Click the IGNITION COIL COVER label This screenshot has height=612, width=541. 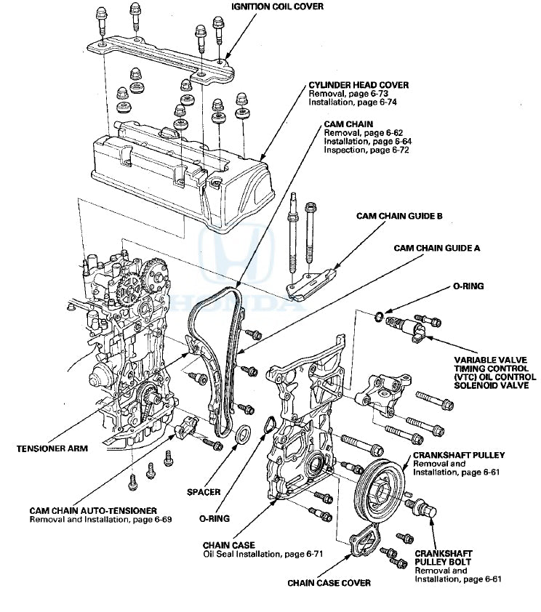278,7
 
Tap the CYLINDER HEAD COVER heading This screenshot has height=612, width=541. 358,85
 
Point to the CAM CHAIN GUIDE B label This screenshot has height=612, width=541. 399,216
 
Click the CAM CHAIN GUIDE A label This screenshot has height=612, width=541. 437,248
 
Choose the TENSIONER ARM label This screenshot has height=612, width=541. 52,448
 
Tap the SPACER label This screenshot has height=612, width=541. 203,492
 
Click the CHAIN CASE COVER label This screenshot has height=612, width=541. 329,582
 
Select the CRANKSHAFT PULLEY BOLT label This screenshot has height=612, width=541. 443,557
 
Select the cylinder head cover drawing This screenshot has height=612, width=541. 182,167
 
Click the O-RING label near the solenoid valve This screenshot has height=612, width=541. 468,286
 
